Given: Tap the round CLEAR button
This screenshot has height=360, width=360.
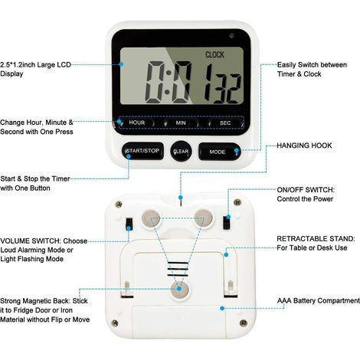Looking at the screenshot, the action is pyautogui.click(x=181, y=151).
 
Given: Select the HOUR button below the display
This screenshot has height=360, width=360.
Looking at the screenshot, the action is pyautogui.click(x=137, y=123).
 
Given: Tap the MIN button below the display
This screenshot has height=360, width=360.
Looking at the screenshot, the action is pyautogui.click(x=181, y=123).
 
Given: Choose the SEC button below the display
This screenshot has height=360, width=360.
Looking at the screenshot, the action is pyautogui.click(x=225, y=123).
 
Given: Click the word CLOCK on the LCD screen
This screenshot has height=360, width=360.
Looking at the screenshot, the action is pyautogui.click(x=214, y=54).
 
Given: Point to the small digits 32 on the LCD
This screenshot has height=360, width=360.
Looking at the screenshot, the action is pyautogui.click(x=227, y=89).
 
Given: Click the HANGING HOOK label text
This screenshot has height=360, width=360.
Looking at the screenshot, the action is pyautogui.click(x=304, y=146).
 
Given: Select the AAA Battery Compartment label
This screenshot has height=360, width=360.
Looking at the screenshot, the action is pyautogui.click(x=319, y=301).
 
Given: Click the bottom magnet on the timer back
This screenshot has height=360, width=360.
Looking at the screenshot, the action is pyautogui.click(x=180, y=290).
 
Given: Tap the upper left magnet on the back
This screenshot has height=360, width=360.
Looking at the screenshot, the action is pyautogui.click(x=151, y=218).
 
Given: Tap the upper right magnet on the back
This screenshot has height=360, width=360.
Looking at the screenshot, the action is pyautogui.click(x=203, y=218).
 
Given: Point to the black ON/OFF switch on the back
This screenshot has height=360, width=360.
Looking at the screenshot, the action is pyautogui.click(x=227, y=223).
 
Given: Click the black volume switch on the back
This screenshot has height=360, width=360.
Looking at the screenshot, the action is pyautogui.click(x=129, y=224).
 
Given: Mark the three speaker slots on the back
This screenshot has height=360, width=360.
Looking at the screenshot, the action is pyautogui.click(x=178, y=269).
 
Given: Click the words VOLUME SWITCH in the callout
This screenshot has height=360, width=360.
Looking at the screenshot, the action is pyautogui.click(x=31, y=241).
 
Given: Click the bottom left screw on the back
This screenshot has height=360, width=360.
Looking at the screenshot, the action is pyautogui.click(x=115, y=323).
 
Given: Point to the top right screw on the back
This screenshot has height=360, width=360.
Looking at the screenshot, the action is pyautogui.click(x=237, y=203).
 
